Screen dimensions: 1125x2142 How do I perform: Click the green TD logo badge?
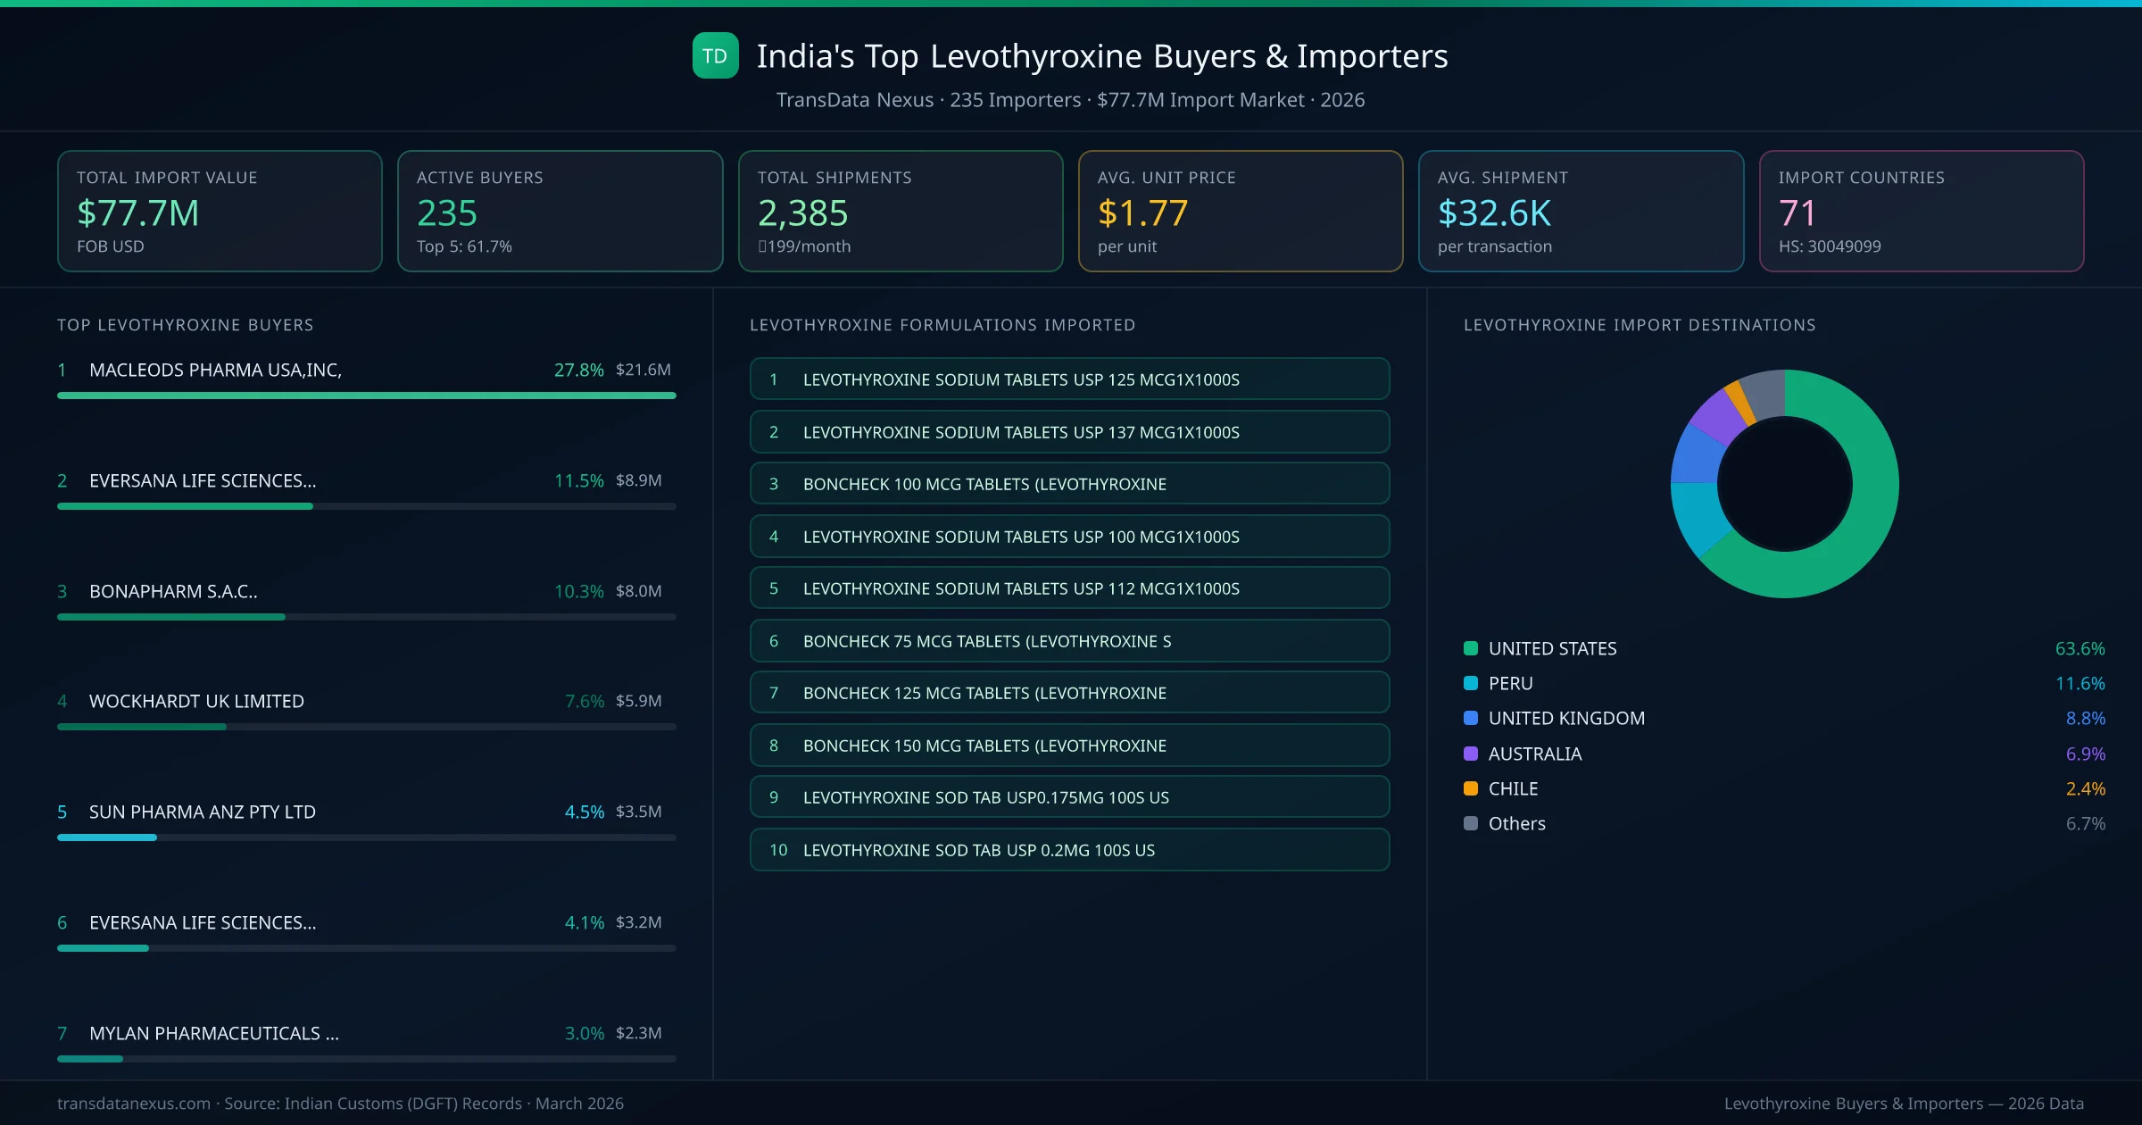point(715,56)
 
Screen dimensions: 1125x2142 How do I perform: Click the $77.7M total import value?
point(137,213)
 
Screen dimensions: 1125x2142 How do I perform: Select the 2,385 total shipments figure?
point(802,213)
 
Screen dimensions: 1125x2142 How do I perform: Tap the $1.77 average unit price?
point(1142,213)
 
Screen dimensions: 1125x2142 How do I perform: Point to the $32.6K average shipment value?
point(1494,213)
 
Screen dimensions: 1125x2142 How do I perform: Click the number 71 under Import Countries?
point(1797,213)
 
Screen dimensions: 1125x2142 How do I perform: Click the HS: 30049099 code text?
point(1829,246)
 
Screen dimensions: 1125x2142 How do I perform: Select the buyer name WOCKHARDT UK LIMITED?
point(196,702)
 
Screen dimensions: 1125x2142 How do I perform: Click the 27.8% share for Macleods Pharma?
point(578,370)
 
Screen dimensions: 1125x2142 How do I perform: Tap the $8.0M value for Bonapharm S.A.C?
point(638,591)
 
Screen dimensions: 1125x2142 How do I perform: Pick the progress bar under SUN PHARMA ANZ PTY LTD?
point(366,837)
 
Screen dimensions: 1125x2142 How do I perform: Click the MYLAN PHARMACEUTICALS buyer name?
point(213,1033)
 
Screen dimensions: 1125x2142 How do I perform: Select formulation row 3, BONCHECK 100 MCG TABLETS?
point(1069,484)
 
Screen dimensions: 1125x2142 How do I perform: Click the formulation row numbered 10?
point(1069,850)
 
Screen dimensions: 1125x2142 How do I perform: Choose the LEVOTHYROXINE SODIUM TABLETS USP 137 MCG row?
point(1069,432)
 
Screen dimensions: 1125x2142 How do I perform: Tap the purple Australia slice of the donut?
point(1715,417)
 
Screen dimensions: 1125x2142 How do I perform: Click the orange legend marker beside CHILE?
point(1471,788)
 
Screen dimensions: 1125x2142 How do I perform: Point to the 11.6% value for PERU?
point(2080,684)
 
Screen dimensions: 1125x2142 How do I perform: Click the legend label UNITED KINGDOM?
point(1566,719)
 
